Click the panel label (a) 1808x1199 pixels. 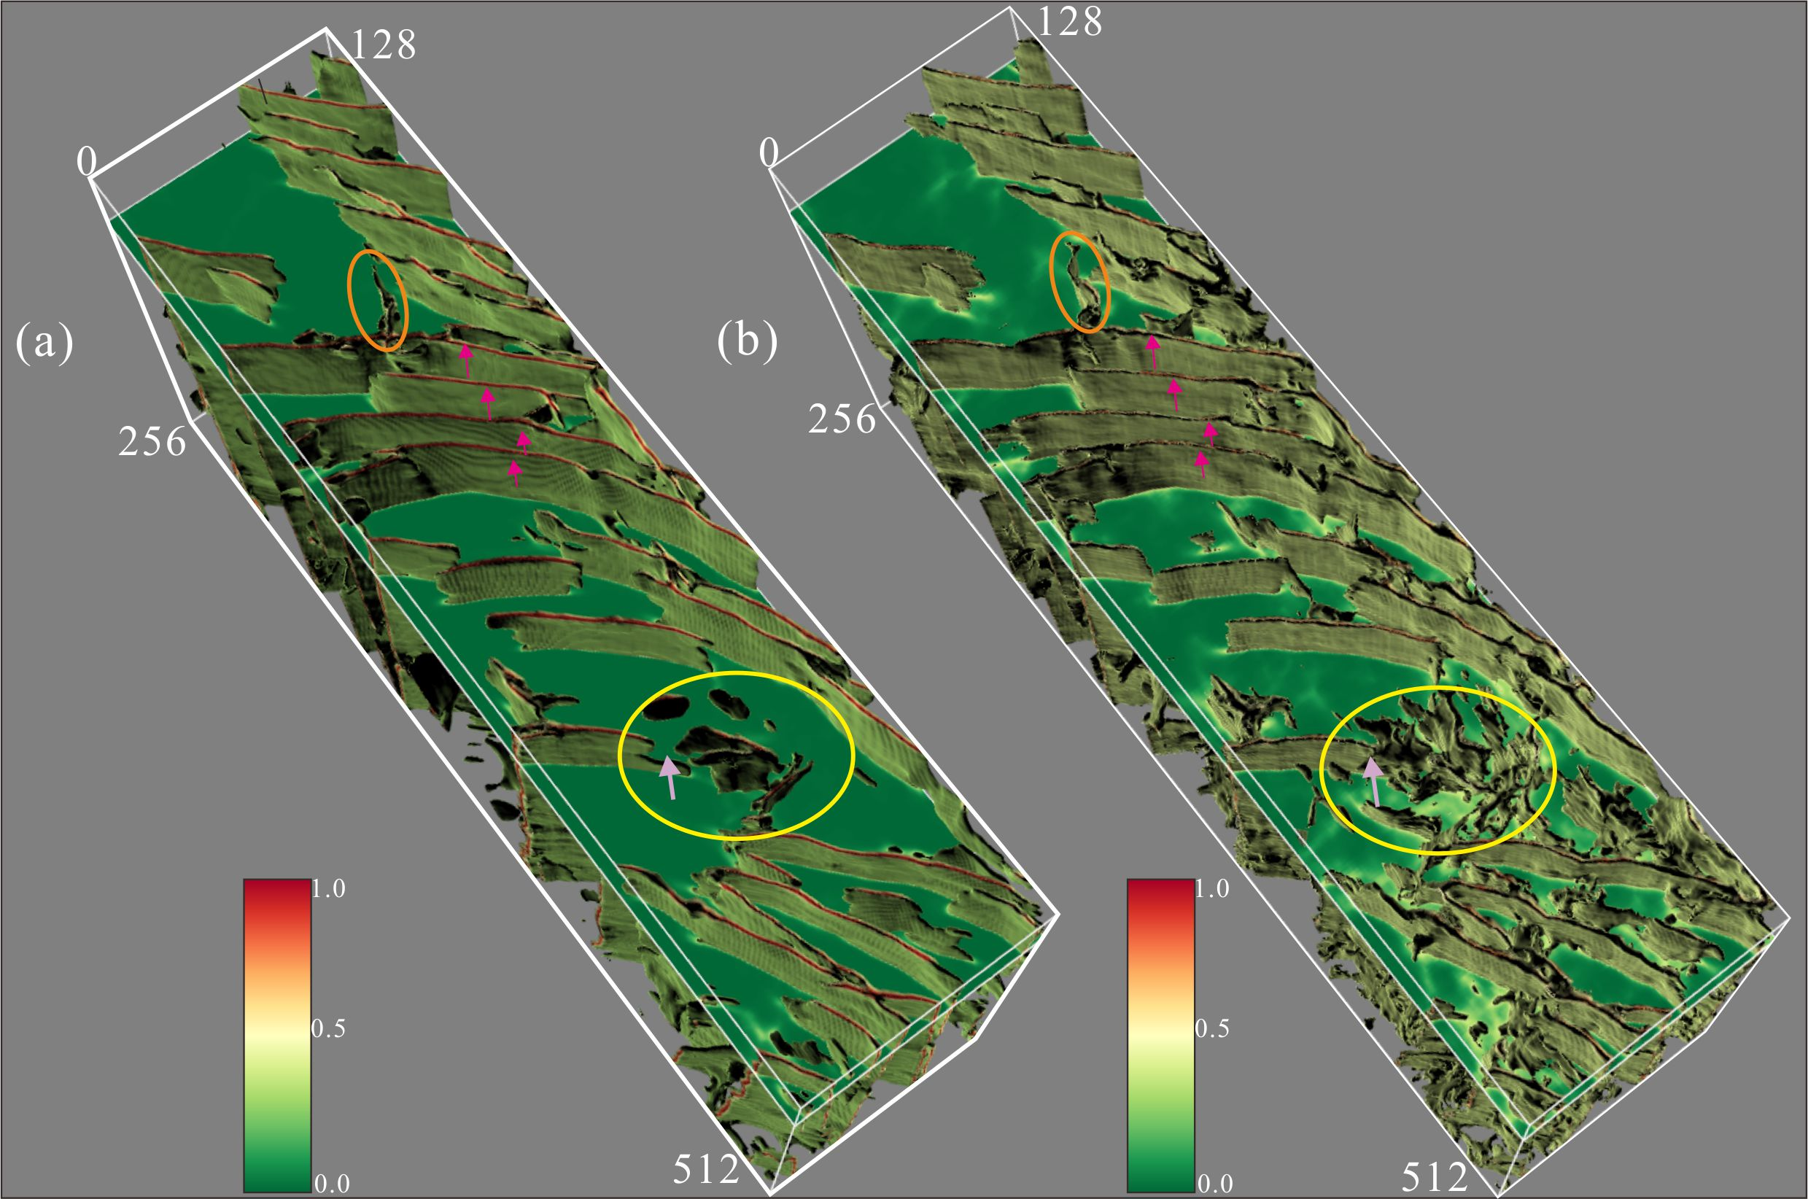point(44,344)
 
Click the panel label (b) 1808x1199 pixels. point(748,341)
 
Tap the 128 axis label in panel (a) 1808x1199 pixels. point(383,45)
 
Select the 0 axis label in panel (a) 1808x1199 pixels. point(87,162)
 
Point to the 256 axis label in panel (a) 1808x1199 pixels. point(152,442)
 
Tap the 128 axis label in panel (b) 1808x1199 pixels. point(1069,21)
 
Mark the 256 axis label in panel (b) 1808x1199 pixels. point(842,420)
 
